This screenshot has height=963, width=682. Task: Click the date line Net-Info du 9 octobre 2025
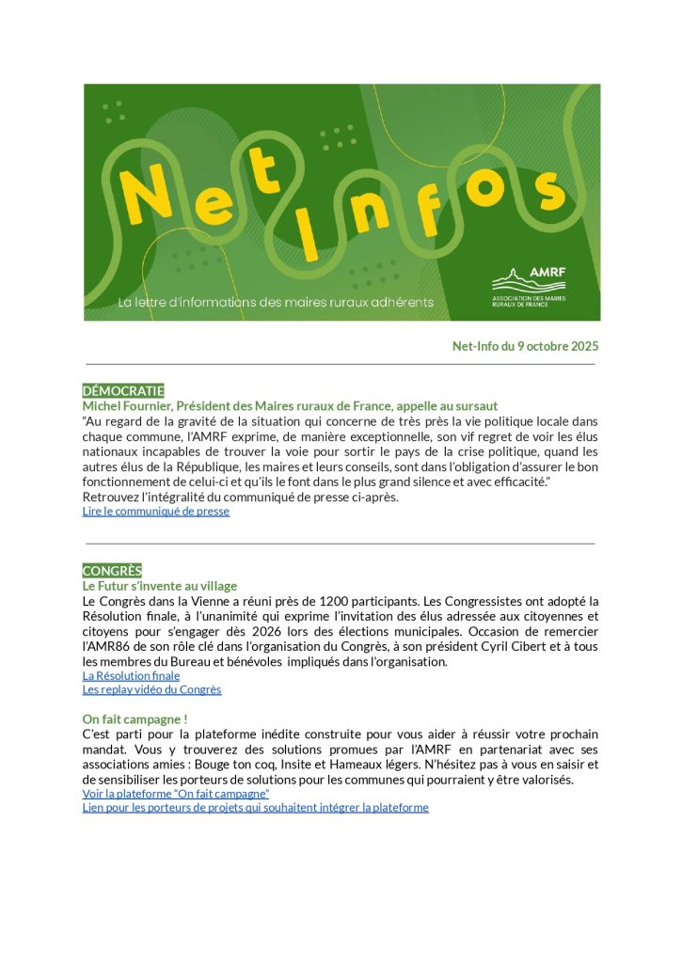point(525,346)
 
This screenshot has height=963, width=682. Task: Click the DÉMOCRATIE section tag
point(123,390)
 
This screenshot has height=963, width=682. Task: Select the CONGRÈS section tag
point(112,571)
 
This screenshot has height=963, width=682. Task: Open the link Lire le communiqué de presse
point(156,512)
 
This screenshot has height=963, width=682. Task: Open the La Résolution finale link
point(131,675)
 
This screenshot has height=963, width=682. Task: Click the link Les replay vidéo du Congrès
point(151,689)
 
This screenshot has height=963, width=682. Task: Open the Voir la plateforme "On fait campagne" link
point(176,794)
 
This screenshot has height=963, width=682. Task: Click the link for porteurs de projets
point(255,807)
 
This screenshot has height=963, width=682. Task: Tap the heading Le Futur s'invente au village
point(160,586)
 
